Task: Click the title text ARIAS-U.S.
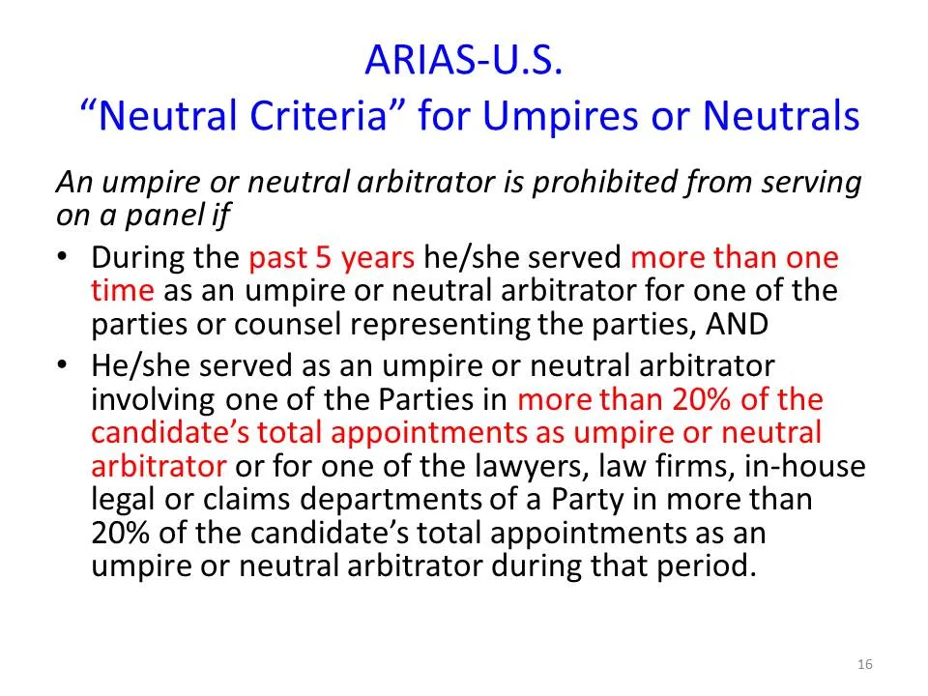(x=463, y=61)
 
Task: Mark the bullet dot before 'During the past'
(x=63, y=258)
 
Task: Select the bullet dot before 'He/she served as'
(x=63, y=366)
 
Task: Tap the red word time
(x=122, y=290)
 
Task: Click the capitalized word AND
(x=736, y=324)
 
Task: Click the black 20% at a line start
(x=119, y=533)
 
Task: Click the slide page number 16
(x=864, y=664)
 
